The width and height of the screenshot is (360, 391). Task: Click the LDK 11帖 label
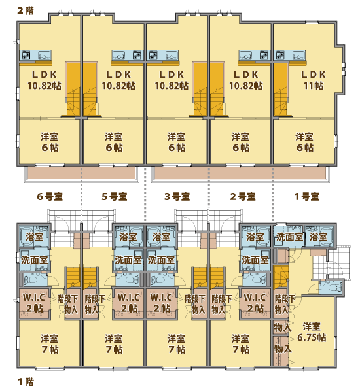tap(314, 80)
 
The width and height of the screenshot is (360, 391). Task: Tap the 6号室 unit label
tap(50, 197)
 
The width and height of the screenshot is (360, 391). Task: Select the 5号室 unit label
tap(115, 197)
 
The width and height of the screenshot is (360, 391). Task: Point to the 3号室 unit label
tap(177, 197)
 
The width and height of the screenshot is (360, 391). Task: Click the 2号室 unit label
tap(243, 197)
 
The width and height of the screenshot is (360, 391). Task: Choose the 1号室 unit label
tap(306, 197)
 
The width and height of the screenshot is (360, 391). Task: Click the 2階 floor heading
tap(26, 10)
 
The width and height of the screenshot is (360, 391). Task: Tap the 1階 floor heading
tap(26, 382)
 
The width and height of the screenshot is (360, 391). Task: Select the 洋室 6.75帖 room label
tap(312, 332)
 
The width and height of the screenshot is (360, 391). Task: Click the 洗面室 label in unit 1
tap(289, 237)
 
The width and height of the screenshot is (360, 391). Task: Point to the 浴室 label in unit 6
tap(34, 237)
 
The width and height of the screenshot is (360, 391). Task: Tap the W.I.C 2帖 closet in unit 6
tap(34, 303)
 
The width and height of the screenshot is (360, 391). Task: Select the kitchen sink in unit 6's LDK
tap(45, 55)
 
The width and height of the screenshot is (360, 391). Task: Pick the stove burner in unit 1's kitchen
tap(280, 55)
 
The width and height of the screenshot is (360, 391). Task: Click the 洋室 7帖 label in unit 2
tap(241, 344)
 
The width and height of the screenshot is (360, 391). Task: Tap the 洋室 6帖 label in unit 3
tap(177, 142)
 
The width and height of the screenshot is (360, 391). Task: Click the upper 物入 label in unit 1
tap(282, 328)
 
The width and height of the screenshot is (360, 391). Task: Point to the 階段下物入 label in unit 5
tap(95, 304)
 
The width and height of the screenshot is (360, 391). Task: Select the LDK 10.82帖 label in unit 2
tap(246, 80)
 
